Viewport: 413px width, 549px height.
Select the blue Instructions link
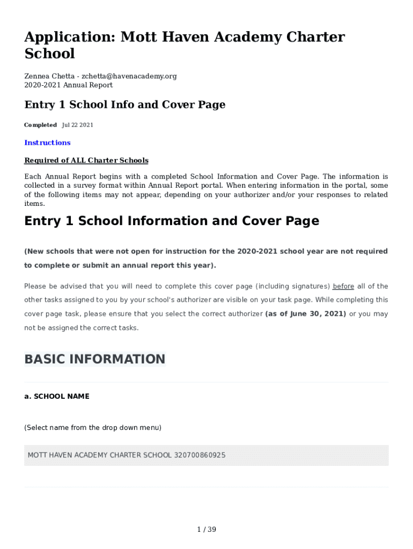[47, 143]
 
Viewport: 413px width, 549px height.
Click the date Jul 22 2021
[78, 125]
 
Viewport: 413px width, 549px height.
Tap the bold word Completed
[40, 125]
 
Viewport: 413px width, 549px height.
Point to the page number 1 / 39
[206, 530]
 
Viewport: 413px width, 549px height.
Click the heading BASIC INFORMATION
[94, 359]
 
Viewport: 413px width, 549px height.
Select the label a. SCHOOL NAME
[57, 396]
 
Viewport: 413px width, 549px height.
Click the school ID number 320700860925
[200, 455]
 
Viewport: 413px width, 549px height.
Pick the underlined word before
[343, 286]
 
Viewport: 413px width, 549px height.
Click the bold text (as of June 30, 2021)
[306, 314]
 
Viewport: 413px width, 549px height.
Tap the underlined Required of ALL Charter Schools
[86, 160]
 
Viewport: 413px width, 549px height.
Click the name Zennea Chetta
[49, 76]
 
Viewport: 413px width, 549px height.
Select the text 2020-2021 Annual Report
[69, 85]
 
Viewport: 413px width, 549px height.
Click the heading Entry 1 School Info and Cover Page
[124, 105]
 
